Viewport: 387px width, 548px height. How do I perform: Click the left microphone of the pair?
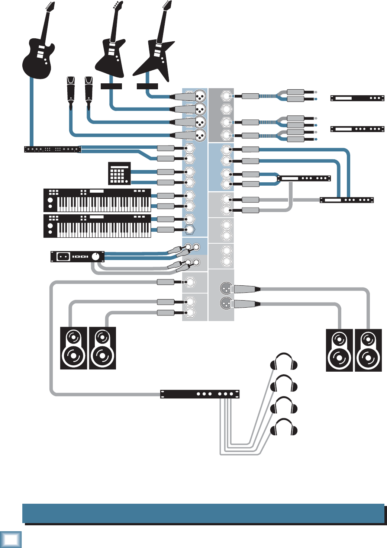[71, 89]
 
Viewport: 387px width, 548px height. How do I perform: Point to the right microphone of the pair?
[88, 89]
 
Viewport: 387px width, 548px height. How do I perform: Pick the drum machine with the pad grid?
[119, 173]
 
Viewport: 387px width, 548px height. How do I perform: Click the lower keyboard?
[97, 226]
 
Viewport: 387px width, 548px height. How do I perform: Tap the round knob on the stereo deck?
[96, 256]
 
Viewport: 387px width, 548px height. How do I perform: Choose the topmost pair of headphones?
[284, 361]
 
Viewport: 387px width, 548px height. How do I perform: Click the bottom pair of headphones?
[284, 428]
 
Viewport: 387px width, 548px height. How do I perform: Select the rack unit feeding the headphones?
[200, 394]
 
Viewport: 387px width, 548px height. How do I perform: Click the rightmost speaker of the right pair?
[368, 350]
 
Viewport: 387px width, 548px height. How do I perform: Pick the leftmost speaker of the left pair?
[74, 348]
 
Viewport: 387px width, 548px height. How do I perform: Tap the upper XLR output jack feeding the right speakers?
[226, 288]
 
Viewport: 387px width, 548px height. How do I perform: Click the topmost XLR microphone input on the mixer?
[200, 96]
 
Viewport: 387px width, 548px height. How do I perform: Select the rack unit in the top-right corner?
[357, 98]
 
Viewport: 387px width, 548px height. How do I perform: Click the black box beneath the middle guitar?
[111, 86]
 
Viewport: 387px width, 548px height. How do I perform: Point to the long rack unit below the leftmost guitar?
[52, 150]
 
